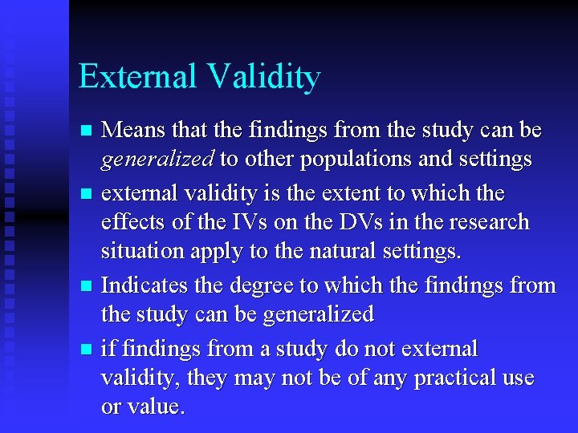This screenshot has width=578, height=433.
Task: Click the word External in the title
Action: (x=137, y=77)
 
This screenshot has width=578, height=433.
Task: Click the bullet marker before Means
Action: (x=88, y=131)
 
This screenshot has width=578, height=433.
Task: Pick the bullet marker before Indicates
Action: (x=88, y=285)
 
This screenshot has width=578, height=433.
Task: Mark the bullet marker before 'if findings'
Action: (x=88, y=349)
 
